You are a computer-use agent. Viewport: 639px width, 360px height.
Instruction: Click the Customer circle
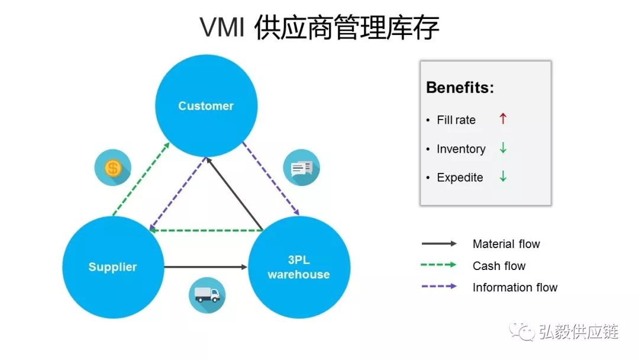(206, 106)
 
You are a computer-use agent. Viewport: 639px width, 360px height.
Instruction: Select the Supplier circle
(112, 267)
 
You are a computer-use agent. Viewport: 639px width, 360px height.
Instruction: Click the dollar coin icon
(112, 168)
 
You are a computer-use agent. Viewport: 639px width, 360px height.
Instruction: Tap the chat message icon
(301, 168)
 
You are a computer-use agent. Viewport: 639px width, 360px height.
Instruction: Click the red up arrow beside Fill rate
(503, 119)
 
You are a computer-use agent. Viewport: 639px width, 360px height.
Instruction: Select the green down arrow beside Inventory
(503, 148)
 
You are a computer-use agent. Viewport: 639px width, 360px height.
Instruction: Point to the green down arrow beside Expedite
(503, 176)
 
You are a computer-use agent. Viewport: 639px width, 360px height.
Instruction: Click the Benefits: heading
(460, 88)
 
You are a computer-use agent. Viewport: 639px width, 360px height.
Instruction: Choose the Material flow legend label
(506, 244)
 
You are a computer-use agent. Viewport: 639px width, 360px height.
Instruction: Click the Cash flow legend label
(499, 266)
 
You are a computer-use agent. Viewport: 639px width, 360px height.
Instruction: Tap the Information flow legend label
(515, 288)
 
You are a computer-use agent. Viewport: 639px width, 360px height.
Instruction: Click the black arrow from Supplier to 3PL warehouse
(205, 267)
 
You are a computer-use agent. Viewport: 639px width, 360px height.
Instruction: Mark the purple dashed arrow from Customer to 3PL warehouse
(271, 178)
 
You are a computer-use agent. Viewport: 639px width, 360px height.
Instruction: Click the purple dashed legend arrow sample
(438, 287)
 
